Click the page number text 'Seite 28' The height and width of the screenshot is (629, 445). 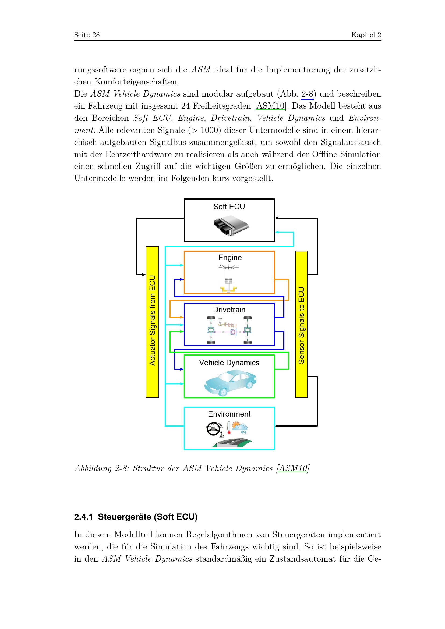click(87, 35)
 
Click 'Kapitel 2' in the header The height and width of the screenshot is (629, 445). click(366, 35)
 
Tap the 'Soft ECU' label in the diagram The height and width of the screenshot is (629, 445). click(229, 207)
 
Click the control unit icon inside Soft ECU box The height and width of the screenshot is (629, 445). click(231, 225)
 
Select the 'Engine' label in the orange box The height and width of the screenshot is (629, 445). click(230, 258)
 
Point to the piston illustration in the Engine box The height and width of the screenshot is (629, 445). click(228, 278)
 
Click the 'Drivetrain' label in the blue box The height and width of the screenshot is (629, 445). click(229, 310)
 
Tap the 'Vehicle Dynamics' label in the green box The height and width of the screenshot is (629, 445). click(229, 363)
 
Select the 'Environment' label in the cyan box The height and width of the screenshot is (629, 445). click(229, 414)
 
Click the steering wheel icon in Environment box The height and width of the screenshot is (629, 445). click(214, 429)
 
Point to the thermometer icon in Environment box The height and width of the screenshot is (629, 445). click(229, 428)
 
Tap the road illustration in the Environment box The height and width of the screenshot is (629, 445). click(232, 443)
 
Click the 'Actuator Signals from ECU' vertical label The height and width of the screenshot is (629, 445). click(152, 321)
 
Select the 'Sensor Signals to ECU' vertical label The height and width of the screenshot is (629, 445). click(301, 325)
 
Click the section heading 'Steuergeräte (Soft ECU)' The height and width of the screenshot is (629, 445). click(147, 517)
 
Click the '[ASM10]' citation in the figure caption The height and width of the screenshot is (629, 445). click(293, 468)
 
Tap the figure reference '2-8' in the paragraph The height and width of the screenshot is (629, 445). click(307, 94)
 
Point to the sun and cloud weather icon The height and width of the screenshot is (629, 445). click(240, 427)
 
